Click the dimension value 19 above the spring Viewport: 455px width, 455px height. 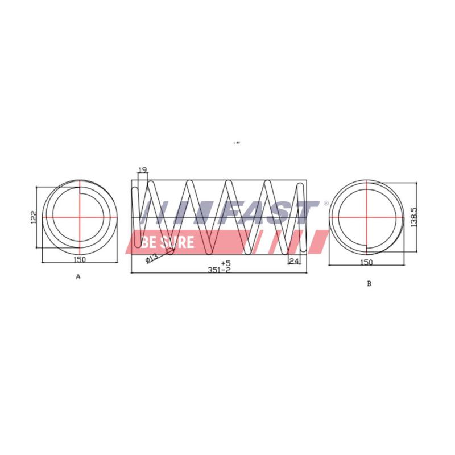coord(143,169)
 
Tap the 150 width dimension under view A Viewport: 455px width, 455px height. coord(80,260)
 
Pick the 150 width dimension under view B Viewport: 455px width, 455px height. coord(366,262)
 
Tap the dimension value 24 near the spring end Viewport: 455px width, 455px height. coord(294,261)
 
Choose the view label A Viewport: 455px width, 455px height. coord(78,277)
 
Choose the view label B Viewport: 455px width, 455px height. coord(369,283)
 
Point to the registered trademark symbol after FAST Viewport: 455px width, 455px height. coord(325,203)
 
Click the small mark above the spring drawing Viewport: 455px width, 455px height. coord(237,143)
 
